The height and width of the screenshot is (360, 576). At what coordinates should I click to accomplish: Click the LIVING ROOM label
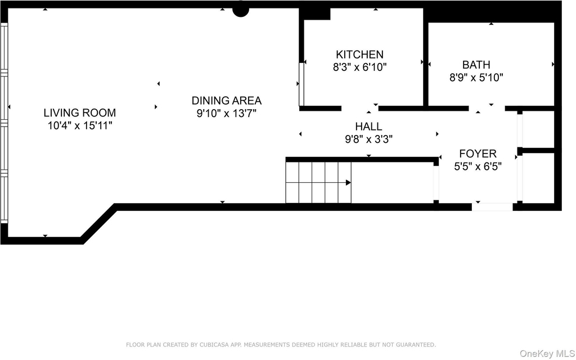click(x=80, y=112)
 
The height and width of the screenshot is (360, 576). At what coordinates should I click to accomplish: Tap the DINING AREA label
click(x=227, y=100)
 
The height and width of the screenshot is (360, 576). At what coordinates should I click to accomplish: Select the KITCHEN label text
click(x=359, y=55)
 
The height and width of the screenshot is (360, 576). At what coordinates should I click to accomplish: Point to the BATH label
click(x=476, y=65)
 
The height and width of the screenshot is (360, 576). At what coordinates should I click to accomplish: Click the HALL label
click(x=368, y=127)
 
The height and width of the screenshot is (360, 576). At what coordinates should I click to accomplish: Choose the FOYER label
click(x=478, y=154)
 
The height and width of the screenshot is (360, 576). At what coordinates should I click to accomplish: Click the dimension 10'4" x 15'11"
click(x=80, y=125)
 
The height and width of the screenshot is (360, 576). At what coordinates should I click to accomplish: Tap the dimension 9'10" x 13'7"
click(x=226, y=113)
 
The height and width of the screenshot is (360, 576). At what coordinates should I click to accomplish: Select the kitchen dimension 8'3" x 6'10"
click(x=360, y=67)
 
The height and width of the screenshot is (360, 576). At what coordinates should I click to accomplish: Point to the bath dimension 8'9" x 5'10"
click(x=476, y=78)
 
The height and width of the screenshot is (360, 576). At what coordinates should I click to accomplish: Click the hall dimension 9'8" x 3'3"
click(x=368, y=139)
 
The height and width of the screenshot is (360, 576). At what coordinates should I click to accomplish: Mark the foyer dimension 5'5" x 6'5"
click(x=478, y=166)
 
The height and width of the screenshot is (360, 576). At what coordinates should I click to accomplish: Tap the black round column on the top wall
click(x=241, y=11)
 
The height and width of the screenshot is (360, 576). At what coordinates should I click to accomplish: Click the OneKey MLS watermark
click(x=547, y=354)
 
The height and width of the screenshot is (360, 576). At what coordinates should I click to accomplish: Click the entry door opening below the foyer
click(x=492, y=207)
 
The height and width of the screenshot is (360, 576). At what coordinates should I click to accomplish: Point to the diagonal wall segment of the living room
click(x=98, y=223)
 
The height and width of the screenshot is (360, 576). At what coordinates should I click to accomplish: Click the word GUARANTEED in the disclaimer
click(x=417, y=345)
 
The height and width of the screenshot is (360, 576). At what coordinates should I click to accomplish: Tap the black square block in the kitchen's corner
click(x=316, y=13)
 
